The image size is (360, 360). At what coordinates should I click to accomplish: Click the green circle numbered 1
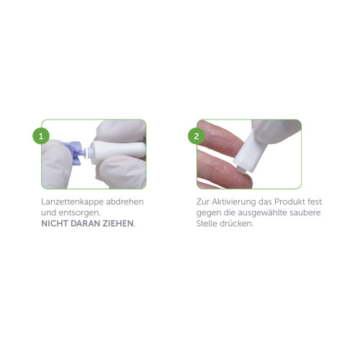pyautogui.click(x=41, y=136)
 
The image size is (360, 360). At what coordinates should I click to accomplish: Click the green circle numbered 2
pyautogui.click(x=197, y=136)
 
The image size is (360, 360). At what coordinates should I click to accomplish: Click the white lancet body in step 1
pyautogui.click(x=116, y=152)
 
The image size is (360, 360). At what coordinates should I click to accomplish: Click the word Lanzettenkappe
pyautogui.click(x=72, y=202)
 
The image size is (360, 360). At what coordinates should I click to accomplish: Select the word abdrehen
pyautogui.click(x=125, y=202)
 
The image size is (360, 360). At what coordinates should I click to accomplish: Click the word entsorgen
pyautogui.click(x=79, y=213)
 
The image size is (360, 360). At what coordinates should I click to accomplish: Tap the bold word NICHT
pyautogui.click(x=55, y=223)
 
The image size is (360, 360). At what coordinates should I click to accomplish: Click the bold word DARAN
pyautogui.click(x=86, y=223)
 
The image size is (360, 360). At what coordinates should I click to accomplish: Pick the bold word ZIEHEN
pyautogui.click(x=118, y=223)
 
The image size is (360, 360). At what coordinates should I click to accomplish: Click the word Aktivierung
pyautogui.click(x=233, y=202)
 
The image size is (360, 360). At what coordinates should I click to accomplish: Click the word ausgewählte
pyautogui.click(x=262, y=213)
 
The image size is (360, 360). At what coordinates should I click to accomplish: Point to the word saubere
pyautogui.click(x=305, y=212)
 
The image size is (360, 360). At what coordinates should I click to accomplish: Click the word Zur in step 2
pyautogui.click(x=202, y=202)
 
